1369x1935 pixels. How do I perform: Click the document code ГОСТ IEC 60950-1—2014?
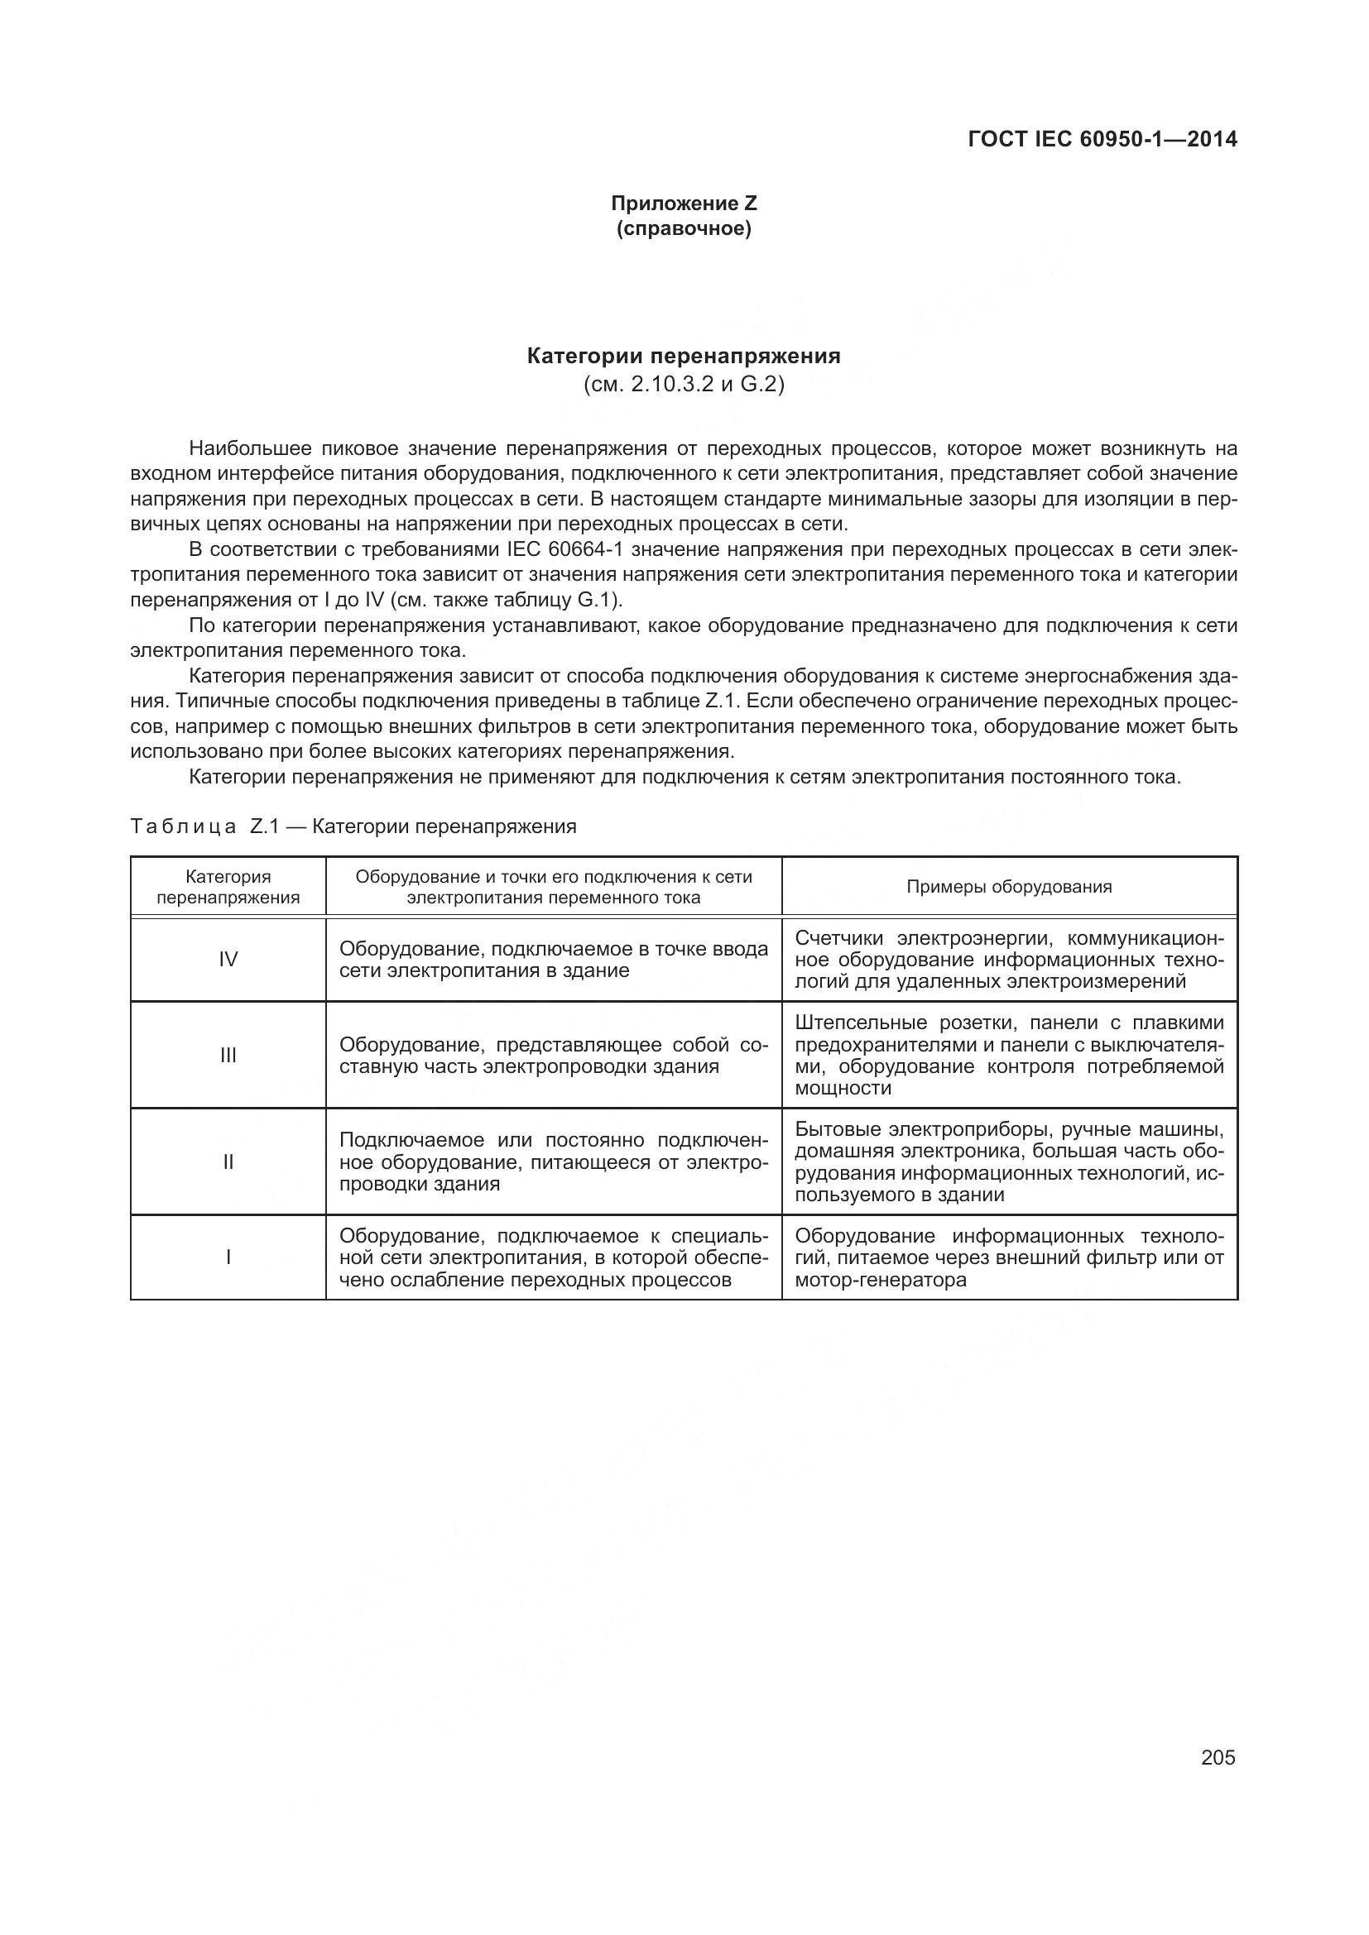point(1102,139)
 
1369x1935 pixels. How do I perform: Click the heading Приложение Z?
point(684,204)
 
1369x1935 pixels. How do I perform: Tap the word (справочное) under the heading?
point(684,229)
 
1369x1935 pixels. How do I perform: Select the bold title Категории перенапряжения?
point(684,357)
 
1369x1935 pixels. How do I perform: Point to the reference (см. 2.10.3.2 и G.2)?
point(684,386)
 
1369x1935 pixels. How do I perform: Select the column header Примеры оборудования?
point(1009,887)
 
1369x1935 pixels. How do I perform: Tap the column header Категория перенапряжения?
point(228,887)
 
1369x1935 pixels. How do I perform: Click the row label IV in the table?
point(228,959)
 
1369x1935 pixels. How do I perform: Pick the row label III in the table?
point(228,1055)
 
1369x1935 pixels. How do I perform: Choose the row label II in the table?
point(228,1162)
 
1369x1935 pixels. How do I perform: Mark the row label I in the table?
point(228,1257)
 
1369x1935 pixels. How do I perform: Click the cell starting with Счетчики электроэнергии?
point(1009,960)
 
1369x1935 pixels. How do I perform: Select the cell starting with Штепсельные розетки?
point(1009,1055)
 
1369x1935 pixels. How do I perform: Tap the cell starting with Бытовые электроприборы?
point(1009,1162)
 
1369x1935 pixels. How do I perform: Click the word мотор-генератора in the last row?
point(880,1280)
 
